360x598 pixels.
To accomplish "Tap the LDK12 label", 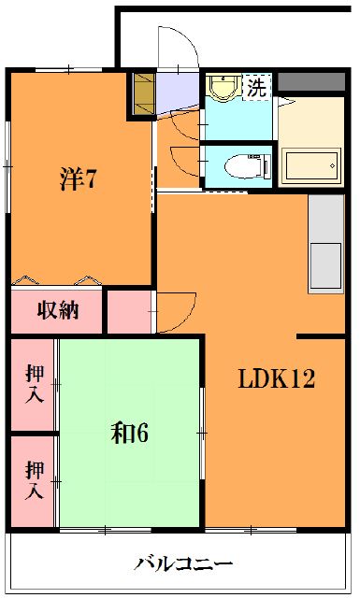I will (276, 380).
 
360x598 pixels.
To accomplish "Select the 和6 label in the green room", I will (131, 434).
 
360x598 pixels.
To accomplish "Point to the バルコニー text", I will (183, 564).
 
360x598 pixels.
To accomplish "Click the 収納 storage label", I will (57, 310).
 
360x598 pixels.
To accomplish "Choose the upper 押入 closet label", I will (33, 385).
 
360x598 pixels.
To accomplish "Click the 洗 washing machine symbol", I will (256, 87).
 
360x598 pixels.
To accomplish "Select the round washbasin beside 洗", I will (223, 88).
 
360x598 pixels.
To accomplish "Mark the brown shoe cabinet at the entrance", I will (143, 94).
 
